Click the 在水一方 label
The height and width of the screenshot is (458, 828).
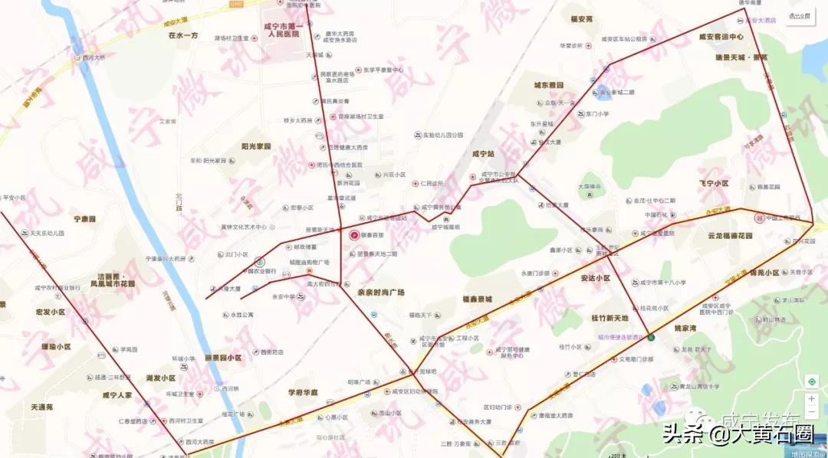coord(183,35)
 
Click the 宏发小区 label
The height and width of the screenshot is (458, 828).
coord(50,312)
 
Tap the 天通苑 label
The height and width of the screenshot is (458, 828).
coord(38,407)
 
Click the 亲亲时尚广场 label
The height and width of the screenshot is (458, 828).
coord(380,293)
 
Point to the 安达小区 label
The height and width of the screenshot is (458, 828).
coord(595,278)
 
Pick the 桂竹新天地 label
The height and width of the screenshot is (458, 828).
coord(609,318)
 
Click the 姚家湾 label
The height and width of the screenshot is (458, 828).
coord(685,327)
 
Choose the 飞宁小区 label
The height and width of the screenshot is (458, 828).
coord(713,184)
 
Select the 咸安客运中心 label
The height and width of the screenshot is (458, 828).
coord(721,37)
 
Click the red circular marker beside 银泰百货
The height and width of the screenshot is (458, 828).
coord(354,235)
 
